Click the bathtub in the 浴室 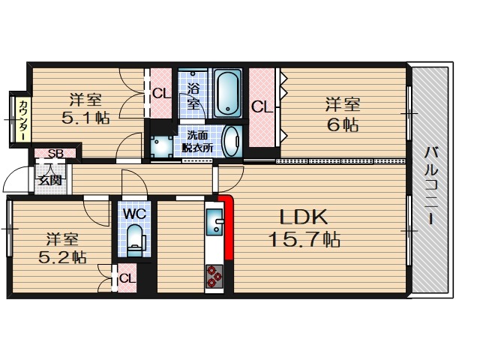[x=227, y=93]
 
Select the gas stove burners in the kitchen [x=214, y=277]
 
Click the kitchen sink [x=215, y=222]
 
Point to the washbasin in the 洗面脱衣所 [x=232, y=142]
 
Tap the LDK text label [x=303, y=217]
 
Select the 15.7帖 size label [x=304, y=239]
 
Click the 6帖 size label [x=343, y=124]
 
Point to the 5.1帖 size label [x=85, y=118]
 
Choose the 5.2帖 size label [x=62, y=257]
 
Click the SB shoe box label [x=55, y=153]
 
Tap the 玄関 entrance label [x=49, y=180]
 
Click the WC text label [x=135, y=214]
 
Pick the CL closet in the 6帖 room [x=262, y=107]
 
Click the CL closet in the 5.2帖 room [x=127, y=278]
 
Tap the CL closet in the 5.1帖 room [x=161, y=93]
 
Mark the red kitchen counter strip [x=227, y=227]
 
